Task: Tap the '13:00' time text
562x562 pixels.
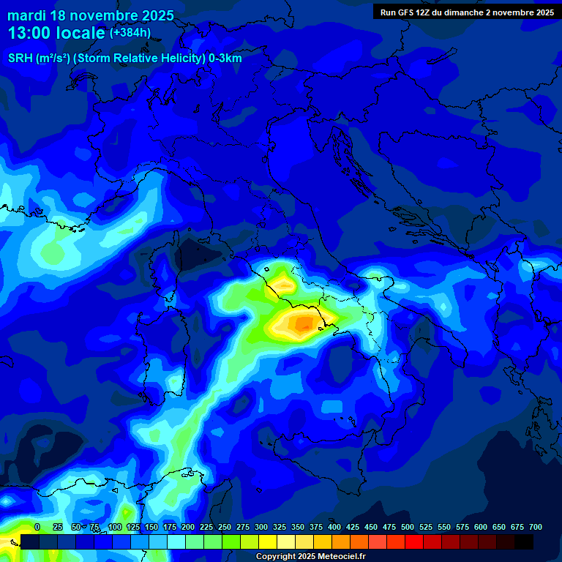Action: tap(32, 33)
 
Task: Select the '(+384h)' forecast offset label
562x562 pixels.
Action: tap(130, 33)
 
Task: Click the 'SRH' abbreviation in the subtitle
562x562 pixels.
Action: tap(20, 59)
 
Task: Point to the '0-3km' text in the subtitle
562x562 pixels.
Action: tap(225, 59)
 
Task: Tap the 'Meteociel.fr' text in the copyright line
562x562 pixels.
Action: tap(340, 557)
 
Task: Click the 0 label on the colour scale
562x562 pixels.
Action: tap(37, 527)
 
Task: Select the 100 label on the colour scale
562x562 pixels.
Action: tap(115, 527)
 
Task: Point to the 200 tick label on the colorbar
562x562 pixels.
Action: tap(188, 527)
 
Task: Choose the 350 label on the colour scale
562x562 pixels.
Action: tap(298, 527)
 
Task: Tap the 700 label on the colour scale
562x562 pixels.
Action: tap(536, 527)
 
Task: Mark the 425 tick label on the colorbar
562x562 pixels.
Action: tap(353, 527)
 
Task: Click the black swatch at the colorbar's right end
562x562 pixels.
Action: tap(524, 542)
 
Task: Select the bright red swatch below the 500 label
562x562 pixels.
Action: tap(414, 542)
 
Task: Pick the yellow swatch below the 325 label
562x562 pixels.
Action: tap(268, 542)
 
